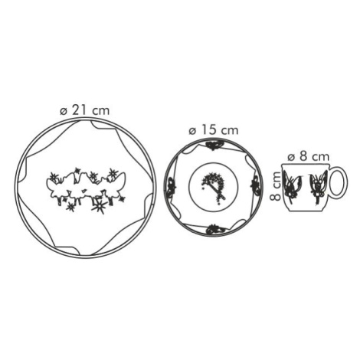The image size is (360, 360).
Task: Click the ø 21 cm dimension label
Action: [85, 110]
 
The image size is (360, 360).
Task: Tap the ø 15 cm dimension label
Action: [214, 130]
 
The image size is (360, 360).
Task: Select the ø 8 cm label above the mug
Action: [308, 156]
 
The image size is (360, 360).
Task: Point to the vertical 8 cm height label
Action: [276, 186]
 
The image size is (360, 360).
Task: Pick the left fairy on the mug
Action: [293, 185]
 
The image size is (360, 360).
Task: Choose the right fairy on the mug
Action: [318, 186]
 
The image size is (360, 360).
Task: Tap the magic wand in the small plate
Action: [214, 187]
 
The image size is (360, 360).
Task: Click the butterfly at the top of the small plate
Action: [213, 146]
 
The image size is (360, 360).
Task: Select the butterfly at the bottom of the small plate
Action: [214, 229]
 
